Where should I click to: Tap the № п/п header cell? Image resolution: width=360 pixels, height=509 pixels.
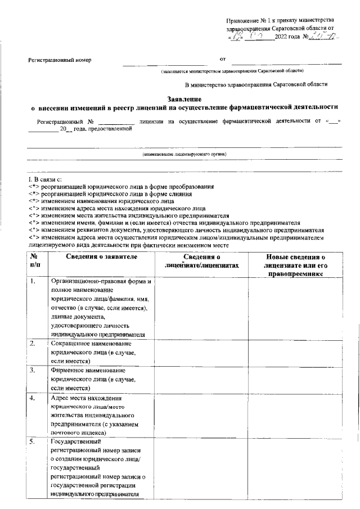click(35, 262)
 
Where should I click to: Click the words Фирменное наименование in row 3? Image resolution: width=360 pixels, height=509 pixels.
click(87, 371)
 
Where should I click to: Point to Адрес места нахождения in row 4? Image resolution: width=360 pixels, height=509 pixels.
click(89, 398)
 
